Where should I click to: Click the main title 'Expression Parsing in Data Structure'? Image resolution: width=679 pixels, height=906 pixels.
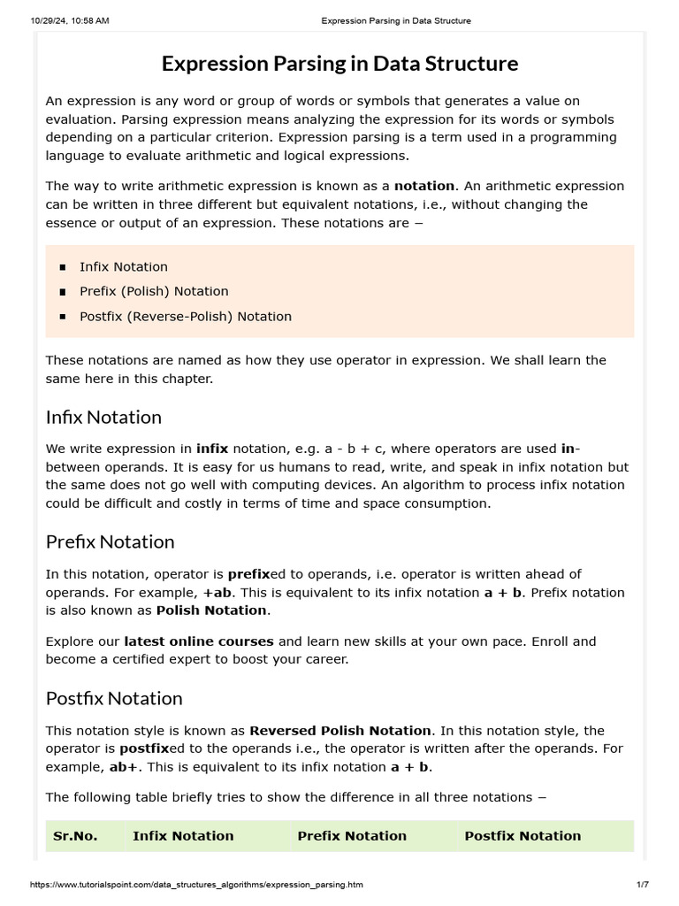pos(339,64)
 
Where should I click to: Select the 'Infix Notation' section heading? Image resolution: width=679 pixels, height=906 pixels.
pos(103,417)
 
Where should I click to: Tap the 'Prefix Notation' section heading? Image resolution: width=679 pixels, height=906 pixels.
pos(110,541)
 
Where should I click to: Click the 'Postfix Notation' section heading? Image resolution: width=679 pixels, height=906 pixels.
pos(114,698)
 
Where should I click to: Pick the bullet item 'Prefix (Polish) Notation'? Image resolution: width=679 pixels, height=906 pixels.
pos(154,291)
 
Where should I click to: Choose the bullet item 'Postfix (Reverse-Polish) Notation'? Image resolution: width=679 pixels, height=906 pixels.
pos(185,316)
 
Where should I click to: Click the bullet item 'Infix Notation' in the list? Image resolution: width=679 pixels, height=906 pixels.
pos(124,266)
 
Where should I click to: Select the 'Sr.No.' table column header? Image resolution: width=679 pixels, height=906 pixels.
pos(75,835)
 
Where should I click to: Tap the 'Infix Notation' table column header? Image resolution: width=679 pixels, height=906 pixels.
pos(183,835)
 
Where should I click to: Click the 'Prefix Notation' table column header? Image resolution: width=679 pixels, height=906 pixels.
pos(352,835)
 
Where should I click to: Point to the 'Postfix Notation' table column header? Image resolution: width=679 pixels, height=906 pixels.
pos(523,835)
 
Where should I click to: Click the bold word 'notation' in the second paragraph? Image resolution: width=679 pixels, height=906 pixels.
pos(423,186)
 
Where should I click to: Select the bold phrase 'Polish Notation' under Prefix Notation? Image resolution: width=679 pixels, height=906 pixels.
pos(210,610)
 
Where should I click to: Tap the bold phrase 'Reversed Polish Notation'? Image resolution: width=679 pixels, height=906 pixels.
pos(340,730)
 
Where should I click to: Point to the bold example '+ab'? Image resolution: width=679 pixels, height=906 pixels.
pos(217,592)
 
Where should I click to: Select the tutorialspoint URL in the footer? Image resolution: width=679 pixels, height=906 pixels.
pos(196,885)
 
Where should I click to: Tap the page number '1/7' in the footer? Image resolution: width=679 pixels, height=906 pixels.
pos(643,885)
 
